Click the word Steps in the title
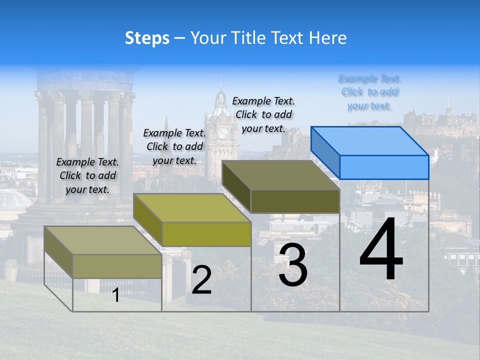coord(147,38)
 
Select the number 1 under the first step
coord(116,295)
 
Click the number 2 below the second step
coord(201,280)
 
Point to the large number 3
coord(293,264)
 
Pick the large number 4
coord(381,249)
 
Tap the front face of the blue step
coord(384,167)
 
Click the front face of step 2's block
coord(206,234)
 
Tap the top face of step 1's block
coord(103,240)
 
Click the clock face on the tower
coord(222,133)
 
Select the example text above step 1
coord(87,175)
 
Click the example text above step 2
coord(174,146)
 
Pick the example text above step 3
coord(263,114)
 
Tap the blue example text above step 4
coord(370,92)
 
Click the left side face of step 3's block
coord(236,186)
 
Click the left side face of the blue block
coord(325,152)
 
